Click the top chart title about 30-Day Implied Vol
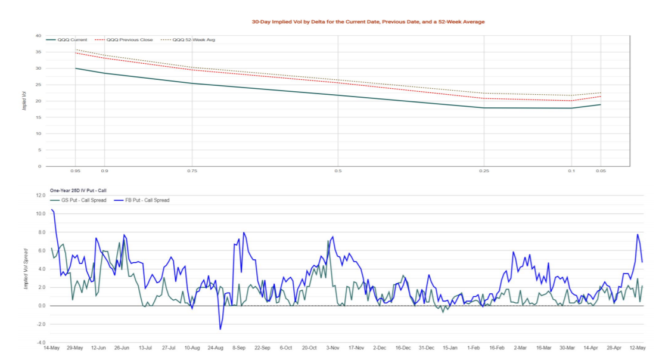click(368, 21)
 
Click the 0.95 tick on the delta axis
click(76, 171)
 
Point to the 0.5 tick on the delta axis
click(338, 171)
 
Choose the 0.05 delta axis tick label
click(600, 171)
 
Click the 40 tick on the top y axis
click(38, 36)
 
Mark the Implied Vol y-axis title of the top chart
click(24, 100)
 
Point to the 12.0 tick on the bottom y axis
click(40, 195)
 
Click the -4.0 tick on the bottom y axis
click(40, 343)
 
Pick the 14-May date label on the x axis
click(51, 347)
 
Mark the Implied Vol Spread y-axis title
click(25, 269)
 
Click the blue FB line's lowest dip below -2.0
click(220, 329)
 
